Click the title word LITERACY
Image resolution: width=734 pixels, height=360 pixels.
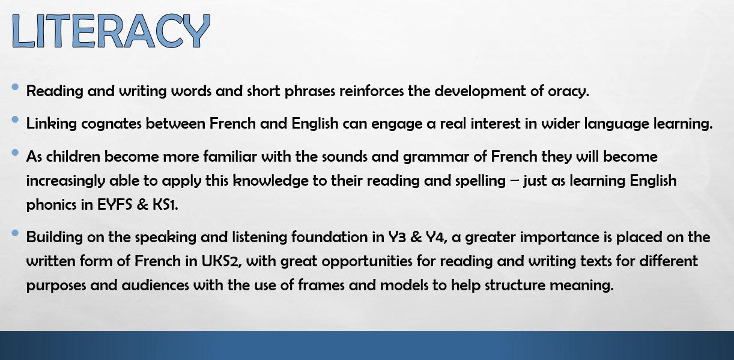pos(111,31)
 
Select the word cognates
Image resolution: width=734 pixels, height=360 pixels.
pos(111,124)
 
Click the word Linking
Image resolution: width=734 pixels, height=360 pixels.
pos(52,124)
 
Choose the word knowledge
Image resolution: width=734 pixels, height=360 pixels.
pos(271,182)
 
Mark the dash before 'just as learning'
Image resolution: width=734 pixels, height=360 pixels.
pos(514,182)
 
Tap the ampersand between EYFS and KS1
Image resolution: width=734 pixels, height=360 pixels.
pos(142,205)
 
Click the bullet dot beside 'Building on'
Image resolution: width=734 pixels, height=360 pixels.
pos(15,233)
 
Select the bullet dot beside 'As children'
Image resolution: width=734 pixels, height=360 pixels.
pos(15,153)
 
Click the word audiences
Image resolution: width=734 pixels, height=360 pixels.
pos(155,285)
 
